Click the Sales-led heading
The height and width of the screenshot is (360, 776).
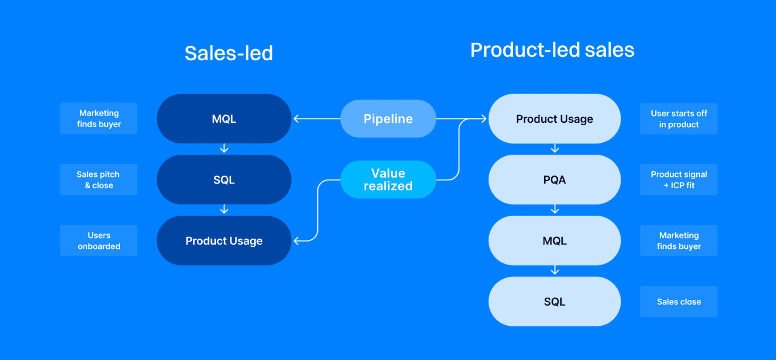pyautogui.click(x=228, y=53)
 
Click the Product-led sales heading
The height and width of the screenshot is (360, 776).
pyautogui.click(x=552, y=50)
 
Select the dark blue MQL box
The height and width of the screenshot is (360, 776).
pyautogui.click(x=224, y=119)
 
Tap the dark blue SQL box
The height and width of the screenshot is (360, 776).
pyautogui.click(x=224, y=180)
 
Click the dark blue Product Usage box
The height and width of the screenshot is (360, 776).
pyautogui.click(x=224, y=241)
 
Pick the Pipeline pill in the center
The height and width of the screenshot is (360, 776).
pyautogui.click(x=388, y=119)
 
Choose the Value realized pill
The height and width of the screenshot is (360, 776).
pyautogui.click(x=388, y=180)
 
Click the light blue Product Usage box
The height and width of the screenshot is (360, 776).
pyautogui.click(x=554, y=119)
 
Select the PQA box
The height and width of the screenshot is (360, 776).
pyautogui.click(x=554, y=180)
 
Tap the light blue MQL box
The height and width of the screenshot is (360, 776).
pyautogui.click(x=554, y=241)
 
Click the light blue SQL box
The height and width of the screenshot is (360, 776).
pyautogui.click(x=554, y=302)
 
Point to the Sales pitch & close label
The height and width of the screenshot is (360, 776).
pyautogui.click(x=99, y=180)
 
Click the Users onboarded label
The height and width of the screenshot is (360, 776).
pyautogui.click(x=99, y=241)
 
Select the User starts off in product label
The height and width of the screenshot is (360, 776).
pyautogui.click(x=678, y=119)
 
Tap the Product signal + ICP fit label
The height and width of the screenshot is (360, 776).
pyautogui.click(x=678, y=180)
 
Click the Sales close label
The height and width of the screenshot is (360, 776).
pyautogui.click(x=678, y=302)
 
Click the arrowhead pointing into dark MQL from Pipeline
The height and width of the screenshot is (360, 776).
pyautogui.click(x=296, y=119)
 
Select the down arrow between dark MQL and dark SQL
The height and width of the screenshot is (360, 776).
pyautogui.click(x=224, y=149)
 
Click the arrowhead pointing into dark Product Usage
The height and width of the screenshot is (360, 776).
pyautogui.click(x=296, y=241)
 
